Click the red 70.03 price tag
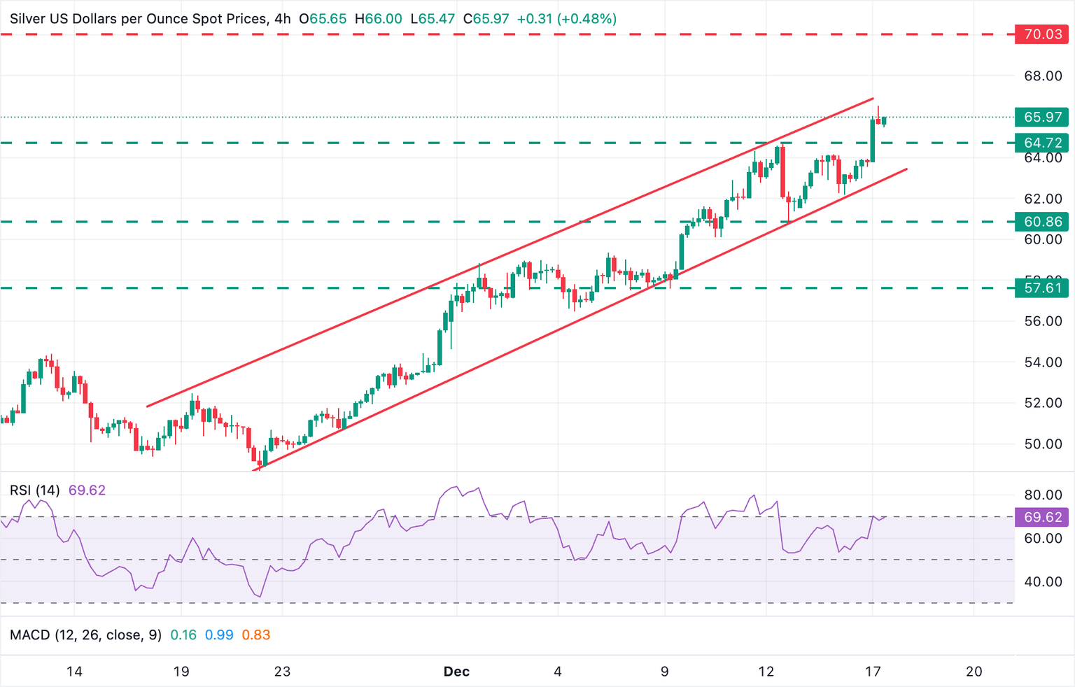pyautogui.click(x=1041, y=34)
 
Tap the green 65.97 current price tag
pyautogui.click(x=1041, y=117)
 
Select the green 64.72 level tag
pyautogui.click(x=1041, y=143)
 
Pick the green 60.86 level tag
pyautogui.click(x=1041, y=222)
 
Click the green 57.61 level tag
pyautogui.click(x=1041, y=288)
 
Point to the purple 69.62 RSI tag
pyautogui.click(x=1041, y=517)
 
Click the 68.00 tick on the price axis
pyautogui.click(x=1043, y=76)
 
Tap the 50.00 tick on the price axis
pyautogui.click(x=1043, y=444)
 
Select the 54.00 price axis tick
pyautogui.click(x=1043, y=362)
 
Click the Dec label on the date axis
pyautogui.click(x=456, y=672)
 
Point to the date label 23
pyautogui.click(x=282, y=672)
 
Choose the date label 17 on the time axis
pyautogui.click(x=872, y=672)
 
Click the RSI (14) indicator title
pyautogui.click(x=35, y=490)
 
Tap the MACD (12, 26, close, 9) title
pyautogui.click(x=85, y=635)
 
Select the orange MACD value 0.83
pyautogui.click(x=255, y=635)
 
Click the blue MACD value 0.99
pyautogui.click(x=219, y=635)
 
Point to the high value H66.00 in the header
pyautogui.click(x=378, y=19)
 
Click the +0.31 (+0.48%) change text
pyautogui.click(x=566, y=19)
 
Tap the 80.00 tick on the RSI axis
pyautogui.click(x=1043, y=495)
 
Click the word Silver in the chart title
pyautogui.click(x=28, y=19)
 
